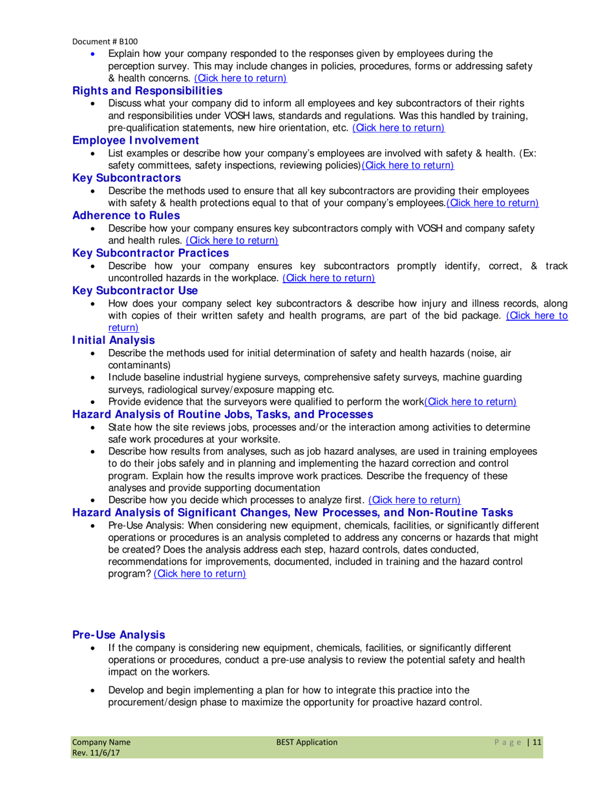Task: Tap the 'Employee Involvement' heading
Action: coord(135,140)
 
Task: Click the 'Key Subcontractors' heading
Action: coord(126,178)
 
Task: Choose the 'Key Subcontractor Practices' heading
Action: coord(151,253)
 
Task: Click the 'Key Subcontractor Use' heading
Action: coord(135,290)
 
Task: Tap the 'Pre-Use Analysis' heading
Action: coord(119,635)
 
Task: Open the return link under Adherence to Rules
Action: coord(231,240)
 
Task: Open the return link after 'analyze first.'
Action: coord(414,500)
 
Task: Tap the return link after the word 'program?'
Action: coord(200,574)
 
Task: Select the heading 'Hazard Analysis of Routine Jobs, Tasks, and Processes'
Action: coord(222,414)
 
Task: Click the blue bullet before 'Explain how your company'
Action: coord(96,54)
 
